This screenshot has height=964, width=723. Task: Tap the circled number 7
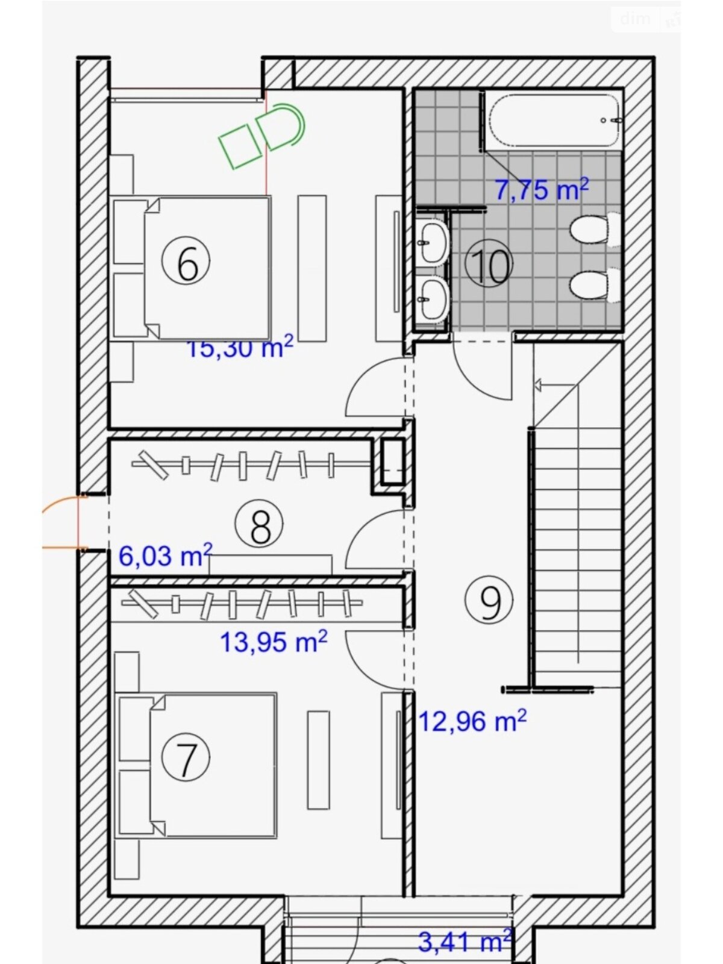[x=186, y=759]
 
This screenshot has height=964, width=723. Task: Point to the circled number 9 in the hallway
[x=489, y=600]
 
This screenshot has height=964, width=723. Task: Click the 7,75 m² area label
[x=541, y=190]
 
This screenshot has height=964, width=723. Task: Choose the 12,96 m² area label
[x=472, y=720]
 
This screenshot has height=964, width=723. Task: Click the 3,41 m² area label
[x=465, y=942]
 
